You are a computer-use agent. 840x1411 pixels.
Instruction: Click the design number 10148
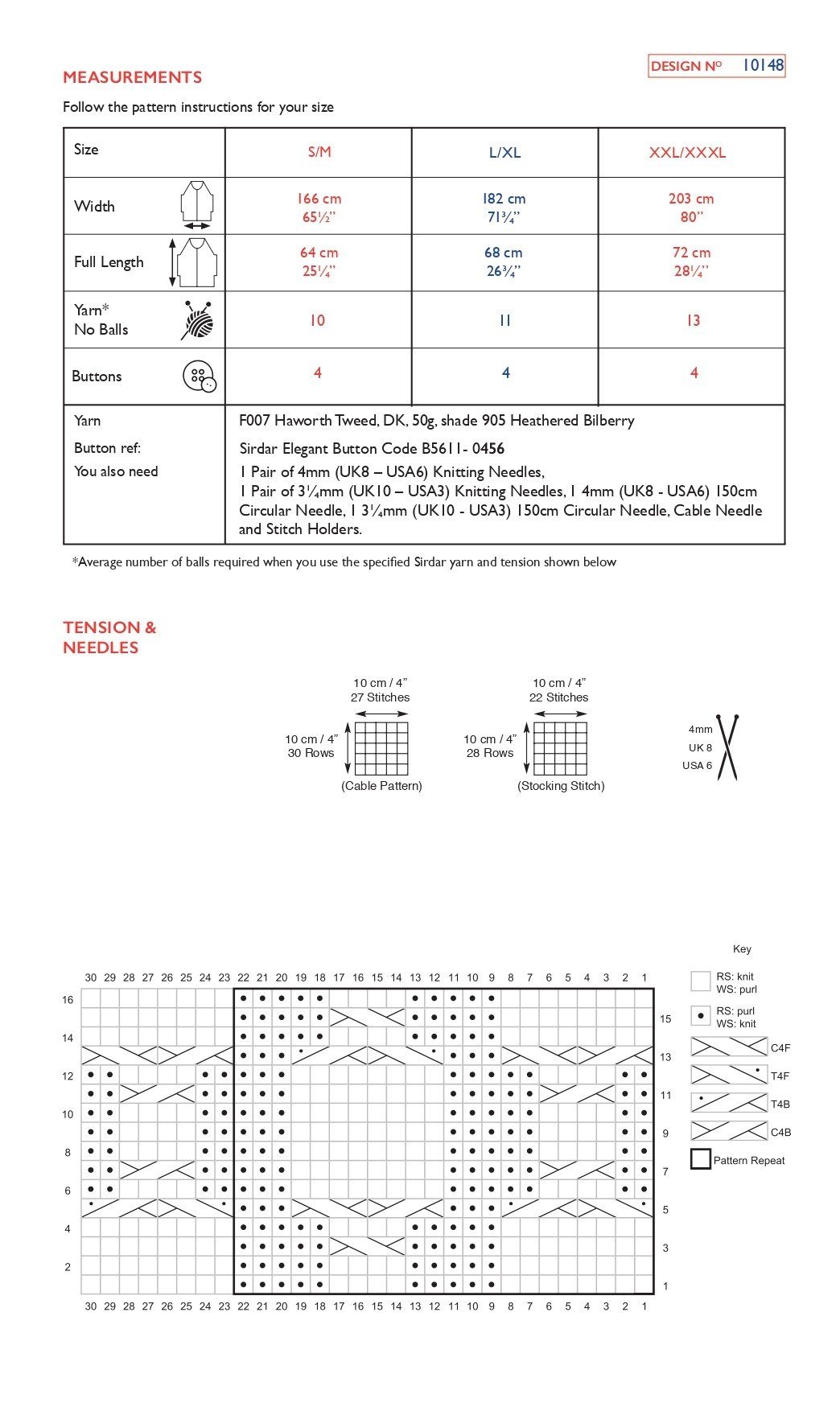tap(762, 65)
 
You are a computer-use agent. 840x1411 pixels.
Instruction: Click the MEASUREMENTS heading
tap(132, 77)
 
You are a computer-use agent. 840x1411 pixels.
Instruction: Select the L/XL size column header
tap(504, 152)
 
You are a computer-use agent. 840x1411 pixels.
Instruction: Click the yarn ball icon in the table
tap(198, 320)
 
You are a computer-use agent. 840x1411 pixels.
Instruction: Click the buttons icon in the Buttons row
tap(199, 376)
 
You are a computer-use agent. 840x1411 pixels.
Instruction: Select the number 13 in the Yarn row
tap(693, 320)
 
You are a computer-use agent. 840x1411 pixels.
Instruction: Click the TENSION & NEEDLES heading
tap(109, 637)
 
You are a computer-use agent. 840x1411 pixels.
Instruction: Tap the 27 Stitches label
tap(380, 697)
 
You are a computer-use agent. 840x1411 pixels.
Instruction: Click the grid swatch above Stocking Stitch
tap(560, 748)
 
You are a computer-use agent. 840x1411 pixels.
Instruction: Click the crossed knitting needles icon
tap(727, 747)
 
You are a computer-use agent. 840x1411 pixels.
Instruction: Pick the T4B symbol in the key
tap(728, 1104)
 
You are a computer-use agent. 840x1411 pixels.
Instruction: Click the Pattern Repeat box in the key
tap(700, 1160)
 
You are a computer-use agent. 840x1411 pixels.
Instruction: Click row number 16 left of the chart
tap(68, 1000)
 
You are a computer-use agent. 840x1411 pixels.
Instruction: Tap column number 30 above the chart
tap(91, 977)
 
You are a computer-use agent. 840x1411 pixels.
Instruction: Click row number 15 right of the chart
tap(665, 1018)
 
